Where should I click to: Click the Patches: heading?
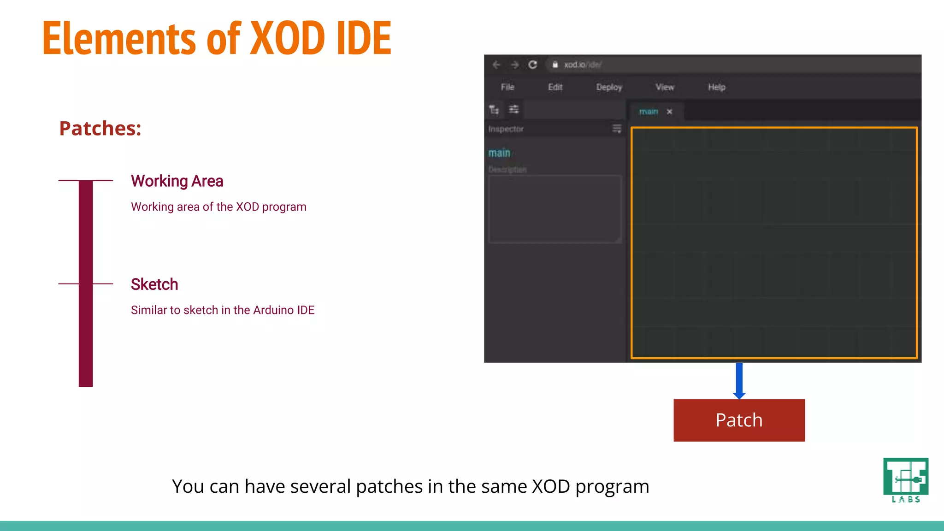100,128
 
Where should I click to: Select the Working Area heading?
177,181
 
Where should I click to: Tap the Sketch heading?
154,284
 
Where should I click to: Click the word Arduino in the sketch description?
273,310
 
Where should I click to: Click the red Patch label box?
739,420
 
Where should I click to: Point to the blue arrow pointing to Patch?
739,381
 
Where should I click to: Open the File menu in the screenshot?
507,87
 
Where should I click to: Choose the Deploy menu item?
609,87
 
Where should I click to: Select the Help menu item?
716,87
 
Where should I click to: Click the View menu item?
665,87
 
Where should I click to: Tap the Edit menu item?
555,87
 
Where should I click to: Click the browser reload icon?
533,65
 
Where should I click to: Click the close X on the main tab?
669,112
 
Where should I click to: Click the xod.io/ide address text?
583,65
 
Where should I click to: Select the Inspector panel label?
506,129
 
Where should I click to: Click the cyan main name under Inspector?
499,153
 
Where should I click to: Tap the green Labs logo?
905,480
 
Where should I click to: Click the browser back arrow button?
496,65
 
